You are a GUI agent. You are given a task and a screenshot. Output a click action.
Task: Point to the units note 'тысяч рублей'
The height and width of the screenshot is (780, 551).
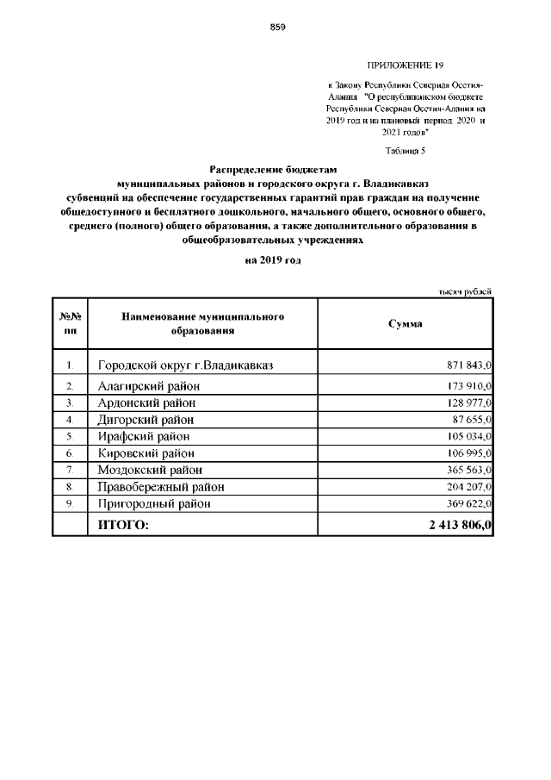tap(465, 291)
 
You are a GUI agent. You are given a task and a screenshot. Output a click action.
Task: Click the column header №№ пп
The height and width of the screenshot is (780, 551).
tap(70, 323)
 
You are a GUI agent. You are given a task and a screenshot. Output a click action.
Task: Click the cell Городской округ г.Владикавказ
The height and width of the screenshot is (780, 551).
tap(185, 365)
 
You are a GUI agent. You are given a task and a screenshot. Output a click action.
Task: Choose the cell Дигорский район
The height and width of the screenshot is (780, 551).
tap(145, 420)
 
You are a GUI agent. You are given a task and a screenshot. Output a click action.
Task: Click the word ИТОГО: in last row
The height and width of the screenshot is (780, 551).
tap(123, 524)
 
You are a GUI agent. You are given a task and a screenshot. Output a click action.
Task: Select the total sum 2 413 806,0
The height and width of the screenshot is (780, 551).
tap(460, 524)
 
